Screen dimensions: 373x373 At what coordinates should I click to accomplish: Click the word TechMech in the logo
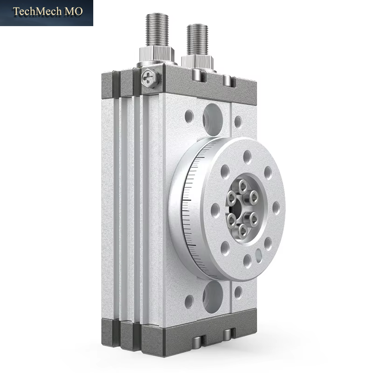(x=37, y=11)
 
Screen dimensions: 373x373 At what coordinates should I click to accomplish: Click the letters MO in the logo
(x=74, y=11)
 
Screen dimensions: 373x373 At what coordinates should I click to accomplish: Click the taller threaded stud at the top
(x=157, y=29)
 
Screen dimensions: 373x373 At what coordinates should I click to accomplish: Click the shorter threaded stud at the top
(x=197, y=40)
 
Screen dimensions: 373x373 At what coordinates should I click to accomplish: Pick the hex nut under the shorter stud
(x=197, y=62)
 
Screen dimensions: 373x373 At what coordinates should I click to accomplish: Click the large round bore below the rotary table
(x=213, y=297)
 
